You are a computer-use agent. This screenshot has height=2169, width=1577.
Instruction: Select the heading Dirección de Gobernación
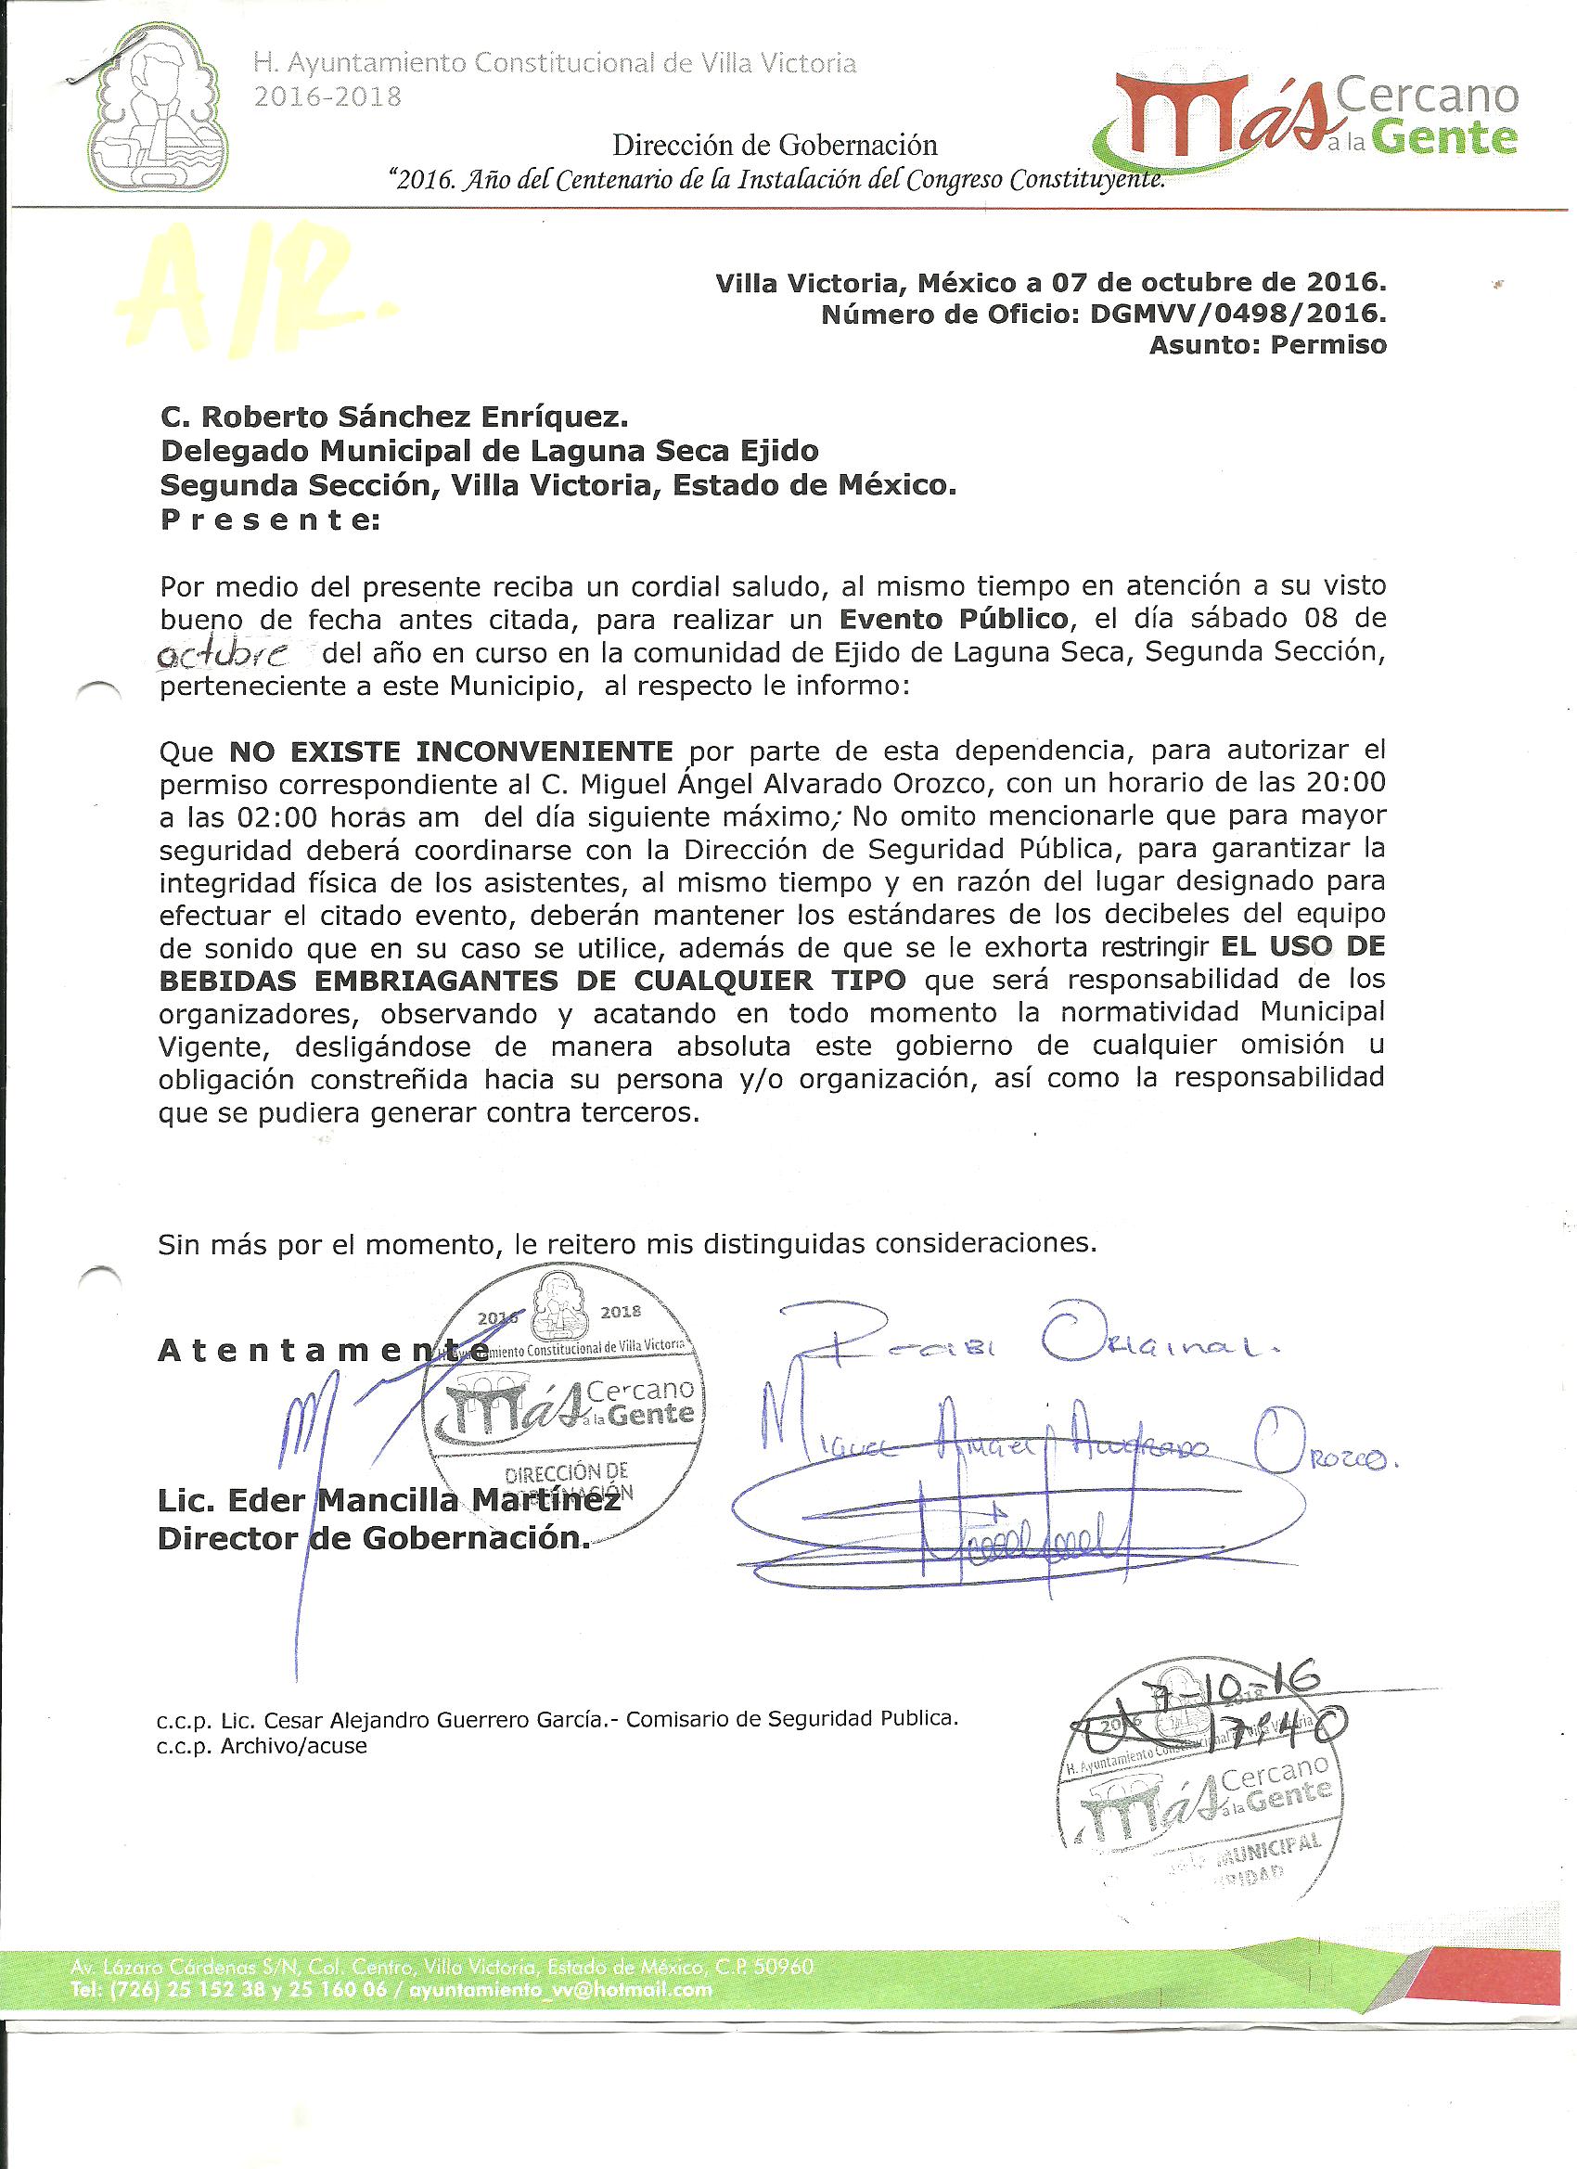point(775,146)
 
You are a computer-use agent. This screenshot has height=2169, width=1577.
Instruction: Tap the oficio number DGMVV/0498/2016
point(1237,314)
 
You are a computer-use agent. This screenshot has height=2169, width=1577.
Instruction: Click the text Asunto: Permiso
point(1267,345)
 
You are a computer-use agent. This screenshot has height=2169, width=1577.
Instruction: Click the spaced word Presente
point(269,520)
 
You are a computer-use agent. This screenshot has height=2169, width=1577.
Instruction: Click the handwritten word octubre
point(228,655)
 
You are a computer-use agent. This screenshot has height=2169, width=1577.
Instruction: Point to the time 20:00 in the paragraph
point(1344,783)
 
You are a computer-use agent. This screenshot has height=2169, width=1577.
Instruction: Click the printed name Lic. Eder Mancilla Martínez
point(389,1500)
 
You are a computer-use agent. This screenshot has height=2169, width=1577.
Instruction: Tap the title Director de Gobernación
point(373,1538)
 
